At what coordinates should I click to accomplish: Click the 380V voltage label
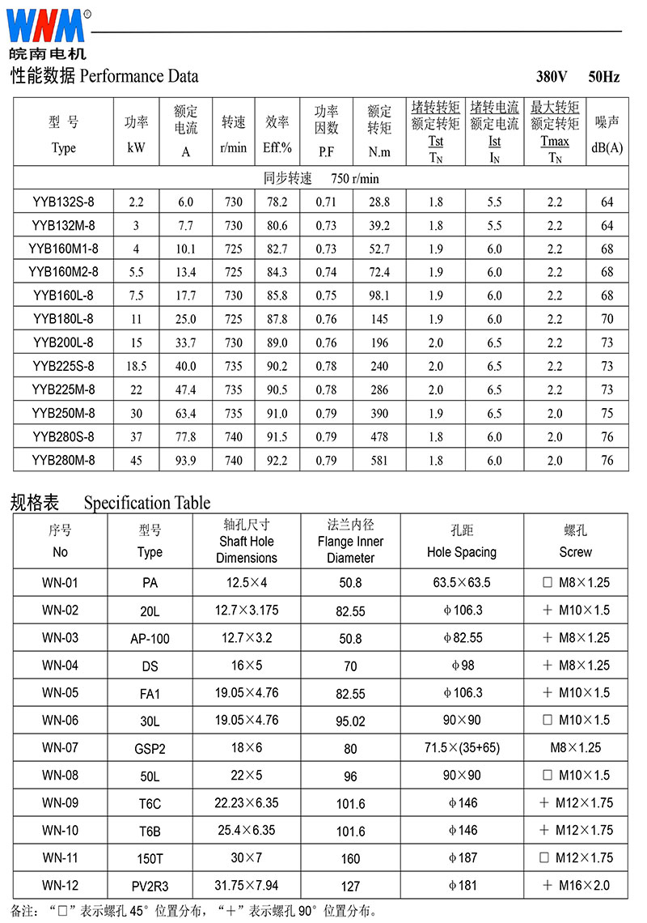pyautogui.click(x=552, y=78)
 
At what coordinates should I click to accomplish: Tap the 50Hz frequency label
pyautogui.click(x=603, y=78)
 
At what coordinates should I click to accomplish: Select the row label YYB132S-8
pyautogui.click(x=63, y=202)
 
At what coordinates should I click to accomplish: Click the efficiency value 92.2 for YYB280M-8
pyautogui.click(x=277, y=461)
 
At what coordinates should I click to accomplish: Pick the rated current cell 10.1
pyautogui.click(x=185, y=249)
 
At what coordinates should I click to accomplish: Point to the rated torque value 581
pyautogui.click(x=378, y=461)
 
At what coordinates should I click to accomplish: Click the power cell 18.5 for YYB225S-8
pyautogui.click(x=136, y=366)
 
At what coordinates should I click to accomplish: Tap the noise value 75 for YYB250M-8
pyautogui.click(x=607, y=414)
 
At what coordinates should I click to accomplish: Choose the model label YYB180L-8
pyautogui.click(x=63, y=319)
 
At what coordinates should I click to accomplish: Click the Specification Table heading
pyautogui.click(x=146, y=503)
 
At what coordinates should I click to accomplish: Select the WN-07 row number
pyautogui.click(x=61, y=747)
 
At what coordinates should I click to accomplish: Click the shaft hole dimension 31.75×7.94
pyautogui.click(x=247, y=885)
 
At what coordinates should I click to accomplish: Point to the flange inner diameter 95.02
pyautogui.click(x=350, y=721)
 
